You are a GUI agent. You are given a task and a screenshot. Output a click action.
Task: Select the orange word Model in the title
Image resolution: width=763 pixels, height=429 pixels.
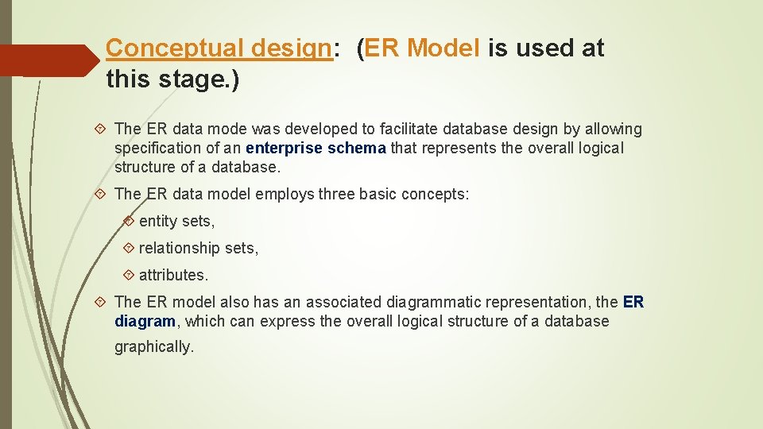[443, 48]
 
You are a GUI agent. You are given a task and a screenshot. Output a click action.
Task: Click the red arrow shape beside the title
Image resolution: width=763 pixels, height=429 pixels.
[48, 60]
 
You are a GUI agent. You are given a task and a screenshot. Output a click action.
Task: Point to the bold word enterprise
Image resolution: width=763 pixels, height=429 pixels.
[285, 148]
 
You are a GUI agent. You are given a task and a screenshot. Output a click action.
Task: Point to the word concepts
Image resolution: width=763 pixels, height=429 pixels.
[436, 194]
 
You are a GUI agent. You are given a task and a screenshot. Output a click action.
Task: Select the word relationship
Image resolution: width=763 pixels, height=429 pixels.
[180, 248]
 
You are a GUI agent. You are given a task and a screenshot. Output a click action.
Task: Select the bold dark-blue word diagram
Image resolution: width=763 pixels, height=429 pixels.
[145, 321]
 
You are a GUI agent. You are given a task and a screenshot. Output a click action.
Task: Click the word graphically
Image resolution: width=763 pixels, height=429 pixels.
[154, 347]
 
